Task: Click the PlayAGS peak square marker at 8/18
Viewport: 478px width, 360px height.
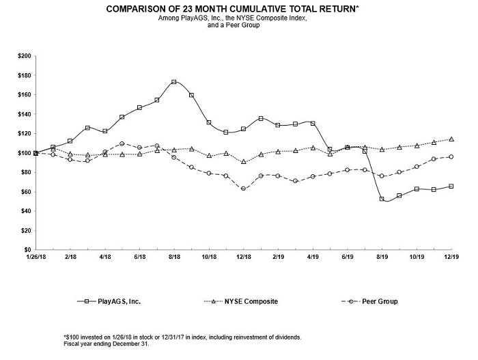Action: [174, 82]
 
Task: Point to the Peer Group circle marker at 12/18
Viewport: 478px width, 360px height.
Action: [243, 189]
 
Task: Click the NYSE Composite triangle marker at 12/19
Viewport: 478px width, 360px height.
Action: [451, 139]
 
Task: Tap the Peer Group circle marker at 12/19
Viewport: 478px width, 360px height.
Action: [451, 156]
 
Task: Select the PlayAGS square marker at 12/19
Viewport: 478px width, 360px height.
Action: [451, 186]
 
